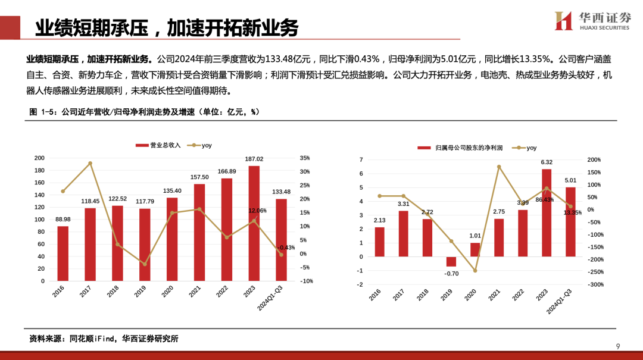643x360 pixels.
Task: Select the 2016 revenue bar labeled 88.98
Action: [x=63, y=253]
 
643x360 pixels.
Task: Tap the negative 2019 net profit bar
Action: [x=451, y=262]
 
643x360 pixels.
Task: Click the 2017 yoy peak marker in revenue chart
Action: [x=90, y=163]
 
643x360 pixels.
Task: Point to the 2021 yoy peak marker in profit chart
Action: [x=499, y=167]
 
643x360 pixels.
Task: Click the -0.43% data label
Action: [x=286, y=248]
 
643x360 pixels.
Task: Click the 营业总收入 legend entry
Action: [x=158, y=145]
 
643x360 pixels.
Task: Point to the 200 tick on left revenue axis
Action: [x=39, y=158]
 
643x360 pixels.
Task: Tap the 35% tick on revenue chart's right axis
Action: [x=304, y=158]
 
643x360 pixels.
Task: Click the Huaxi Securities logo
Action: [x=592, y=21]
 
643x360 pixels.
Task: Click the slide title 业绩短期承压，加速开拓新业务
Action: [x=166, y=27]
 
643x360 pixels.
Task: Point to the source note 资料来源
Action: [x=104, y=339]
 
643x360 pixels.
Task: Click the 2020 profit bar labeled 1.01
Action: [x=475, y=249]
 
